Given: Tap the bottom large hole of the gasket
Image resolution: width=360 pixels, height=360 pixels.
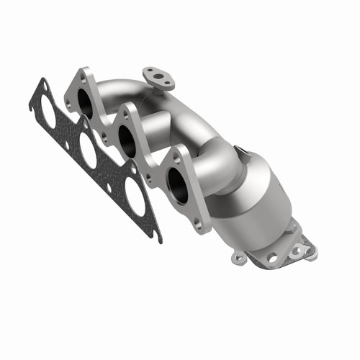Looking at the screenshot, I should [134, 194].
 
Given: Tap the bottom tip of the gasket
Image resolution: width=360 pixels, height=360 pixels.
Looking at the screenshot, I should [159, 238].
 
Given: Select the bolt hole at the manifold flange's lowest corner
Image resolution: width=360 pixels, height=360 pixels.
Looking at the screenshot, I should [197, 225].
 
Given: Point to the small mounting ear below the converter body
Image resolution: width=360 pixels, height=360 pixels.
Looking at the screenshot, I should [238, 256].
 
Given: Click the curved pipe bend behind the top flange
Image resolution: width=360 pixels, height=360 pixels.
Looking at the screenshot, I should [137, 90].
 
